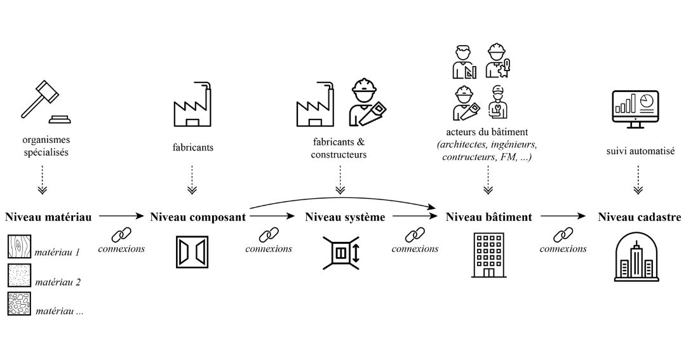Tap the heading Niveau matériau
click(x=48, y=217)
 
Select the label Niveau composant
click(x=198, y=217)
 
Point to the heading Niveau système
click(x=345, y=217)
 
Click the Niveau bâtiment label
click(x=488, y=217)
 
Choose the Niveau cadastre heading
click(x=639, y=217)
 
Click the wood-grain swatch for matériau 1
click(x=19, y=246)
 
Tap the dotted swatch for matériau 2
click(x=19, y=276)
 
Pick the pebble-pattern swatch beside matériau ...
click(x=19, y=304)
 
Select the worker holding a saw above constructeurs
click(x=367, y=103)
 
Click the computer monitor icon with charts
click(x=634, y=108)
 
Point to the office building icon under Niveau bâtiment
click(x=488, y=255)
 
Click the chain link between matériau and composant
click(x=121, y=235)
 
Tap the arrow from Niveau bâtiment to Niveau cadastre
click(x=563, y=217)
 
